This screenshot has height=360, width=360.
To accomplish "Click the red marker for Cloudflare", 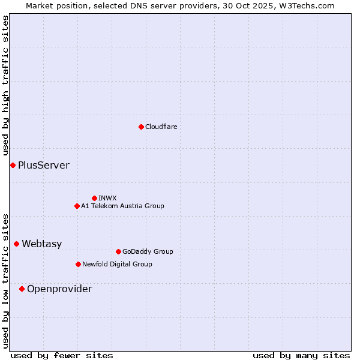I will pos(141,127).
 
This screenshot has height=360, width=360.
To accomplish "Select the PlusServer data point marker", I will pos(13,165).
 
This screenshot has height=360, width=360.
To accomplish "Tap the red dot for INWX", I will pos(94,198).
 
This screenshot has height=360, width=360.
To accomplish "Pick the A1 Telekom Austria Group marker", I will pos(77,206).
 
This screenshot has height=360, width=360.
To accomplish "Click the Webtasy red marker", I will pos(16,244).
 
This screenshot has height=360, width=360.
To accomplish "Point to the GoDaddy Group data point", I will pos(118,251).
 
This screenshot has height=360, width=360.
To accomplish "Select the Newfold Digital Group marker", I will pos(78,264).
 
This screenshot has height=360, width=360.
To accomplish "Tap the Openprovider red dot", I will pos(22,289).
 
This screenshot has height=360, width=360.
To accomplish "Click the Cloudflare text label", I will pos(161,127).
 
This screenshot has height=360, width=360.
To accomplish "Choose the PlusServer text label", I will pos(44,165).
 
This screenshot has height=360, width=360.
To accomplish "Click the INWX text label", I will pos(107,198).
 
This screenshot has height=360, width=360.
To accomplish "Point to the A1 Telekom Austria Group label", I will pos(122,206).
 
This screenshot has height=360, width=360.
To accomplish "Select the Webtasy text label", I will pos(42,244).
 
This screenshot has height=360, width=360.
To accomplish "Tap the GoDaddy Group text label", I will pos(148,251).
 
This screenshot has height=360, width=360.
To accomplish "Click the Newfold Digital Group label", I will pos(117,264).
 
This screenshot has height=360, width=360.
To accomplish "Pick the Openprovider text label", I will pos(59,289).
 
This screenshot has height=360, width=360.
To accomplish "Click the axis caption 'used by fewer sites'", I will pos(62,355).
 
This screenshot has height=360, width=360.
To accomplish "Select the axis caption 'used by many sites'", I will pos(301,355).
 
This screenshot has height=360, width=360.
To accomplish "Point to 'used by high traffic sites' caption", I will pos(5,86).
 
